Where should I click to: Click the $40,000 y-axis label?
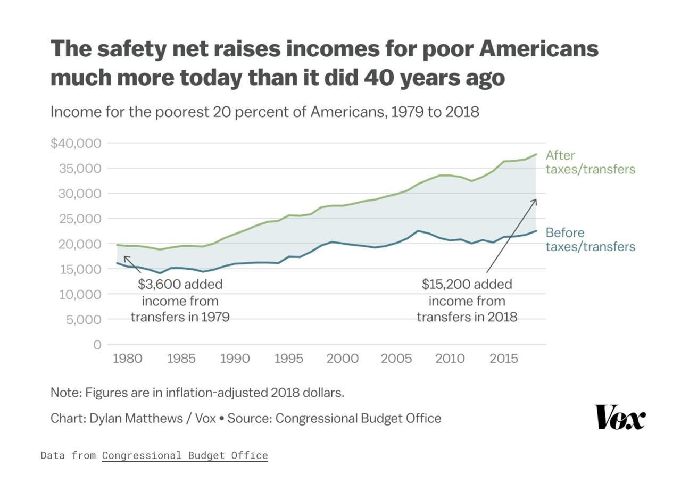(76, 143)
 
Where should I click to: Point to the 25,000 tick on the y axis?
(79, 219)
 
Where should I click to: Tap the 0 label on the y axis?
(97, 345)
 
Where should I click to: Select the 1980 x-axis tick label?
(127, 359)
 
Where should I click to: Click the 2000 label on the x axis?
(342, 359)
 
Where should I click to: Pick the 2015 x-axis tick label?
(503, 359)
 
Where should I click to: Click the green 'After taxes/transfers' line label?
(590, 162)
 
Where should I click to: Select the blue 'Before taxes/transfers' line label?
(590, 239)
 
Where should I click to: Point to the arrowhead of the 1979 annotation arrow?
(125, 257)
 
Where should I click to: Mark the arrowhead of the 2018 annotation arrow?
(535, 201)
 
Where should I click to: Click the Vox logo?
(620, 417)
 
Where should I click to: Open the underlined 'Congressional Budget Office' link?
(185, 455)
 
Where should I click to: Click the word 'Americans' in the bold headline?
(538, 49)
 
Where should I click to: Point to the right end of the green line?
(536, 154)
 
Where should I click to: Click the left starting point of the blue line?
(117, 263)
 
